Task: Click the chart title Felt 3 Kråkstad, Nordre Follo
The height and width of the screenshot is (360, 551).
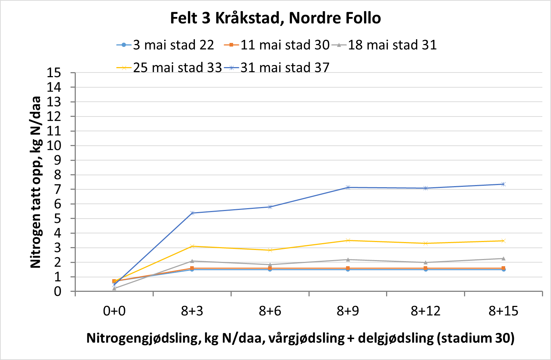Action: coord(275,18)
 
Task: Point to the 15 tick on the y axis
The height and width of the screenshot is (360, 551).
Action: coord(54,73)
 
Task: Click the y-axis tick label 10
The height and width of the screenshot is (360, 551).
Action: coord(54,146)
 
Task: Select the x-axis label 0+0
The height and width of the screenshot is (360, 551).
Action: coord(114,311)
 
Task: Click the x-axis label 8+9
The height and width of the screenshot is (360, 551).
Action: coord(348,311)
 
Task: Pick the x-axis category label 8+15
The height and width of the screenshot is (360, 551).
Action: coord(503,311)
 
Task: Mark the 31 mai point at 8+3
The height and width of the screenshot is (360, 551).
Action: coord(192,213)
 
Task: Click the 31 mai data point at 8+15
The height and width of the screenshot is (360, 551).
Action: coord(503,184)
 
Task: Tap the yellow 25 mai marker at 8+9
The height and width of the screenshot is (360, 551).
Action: coord(348,240)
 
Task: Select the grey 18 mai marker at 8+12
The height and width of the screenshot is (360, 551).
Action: coord(426,262)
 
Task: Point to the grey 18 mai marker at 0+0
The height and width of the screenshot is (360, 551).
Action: coord(114,288)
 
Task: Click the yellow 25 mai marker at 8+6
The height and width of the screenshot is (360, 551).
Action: coord(270,250)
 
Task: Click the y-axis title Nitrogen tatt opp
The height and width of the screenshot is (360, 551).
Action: coord(35,182)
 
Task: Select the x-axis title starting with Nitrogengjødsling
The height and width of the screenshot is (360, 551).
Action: coord(300,338)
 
